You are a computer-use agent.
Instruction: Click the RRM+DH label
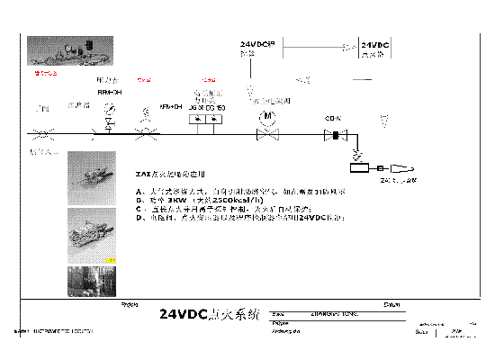[x=110, y=92]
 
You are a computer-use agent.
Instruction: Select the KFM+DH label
[x=171, y=106]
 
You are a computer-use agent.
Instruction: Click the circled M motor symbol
[x=265, y=117]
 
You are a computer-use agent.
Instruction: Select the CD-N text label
[x=332, y=118]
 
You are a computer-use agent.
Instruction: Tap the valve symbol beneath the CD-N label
[x=334, y=136]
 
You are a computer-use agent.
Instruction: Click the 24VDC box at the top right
[x=374, y=48]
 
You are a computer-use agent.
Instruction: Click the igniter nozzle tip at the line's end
[x=407, y=167]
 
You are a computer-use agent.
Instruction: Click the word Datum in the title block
[x=391, y=304]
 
